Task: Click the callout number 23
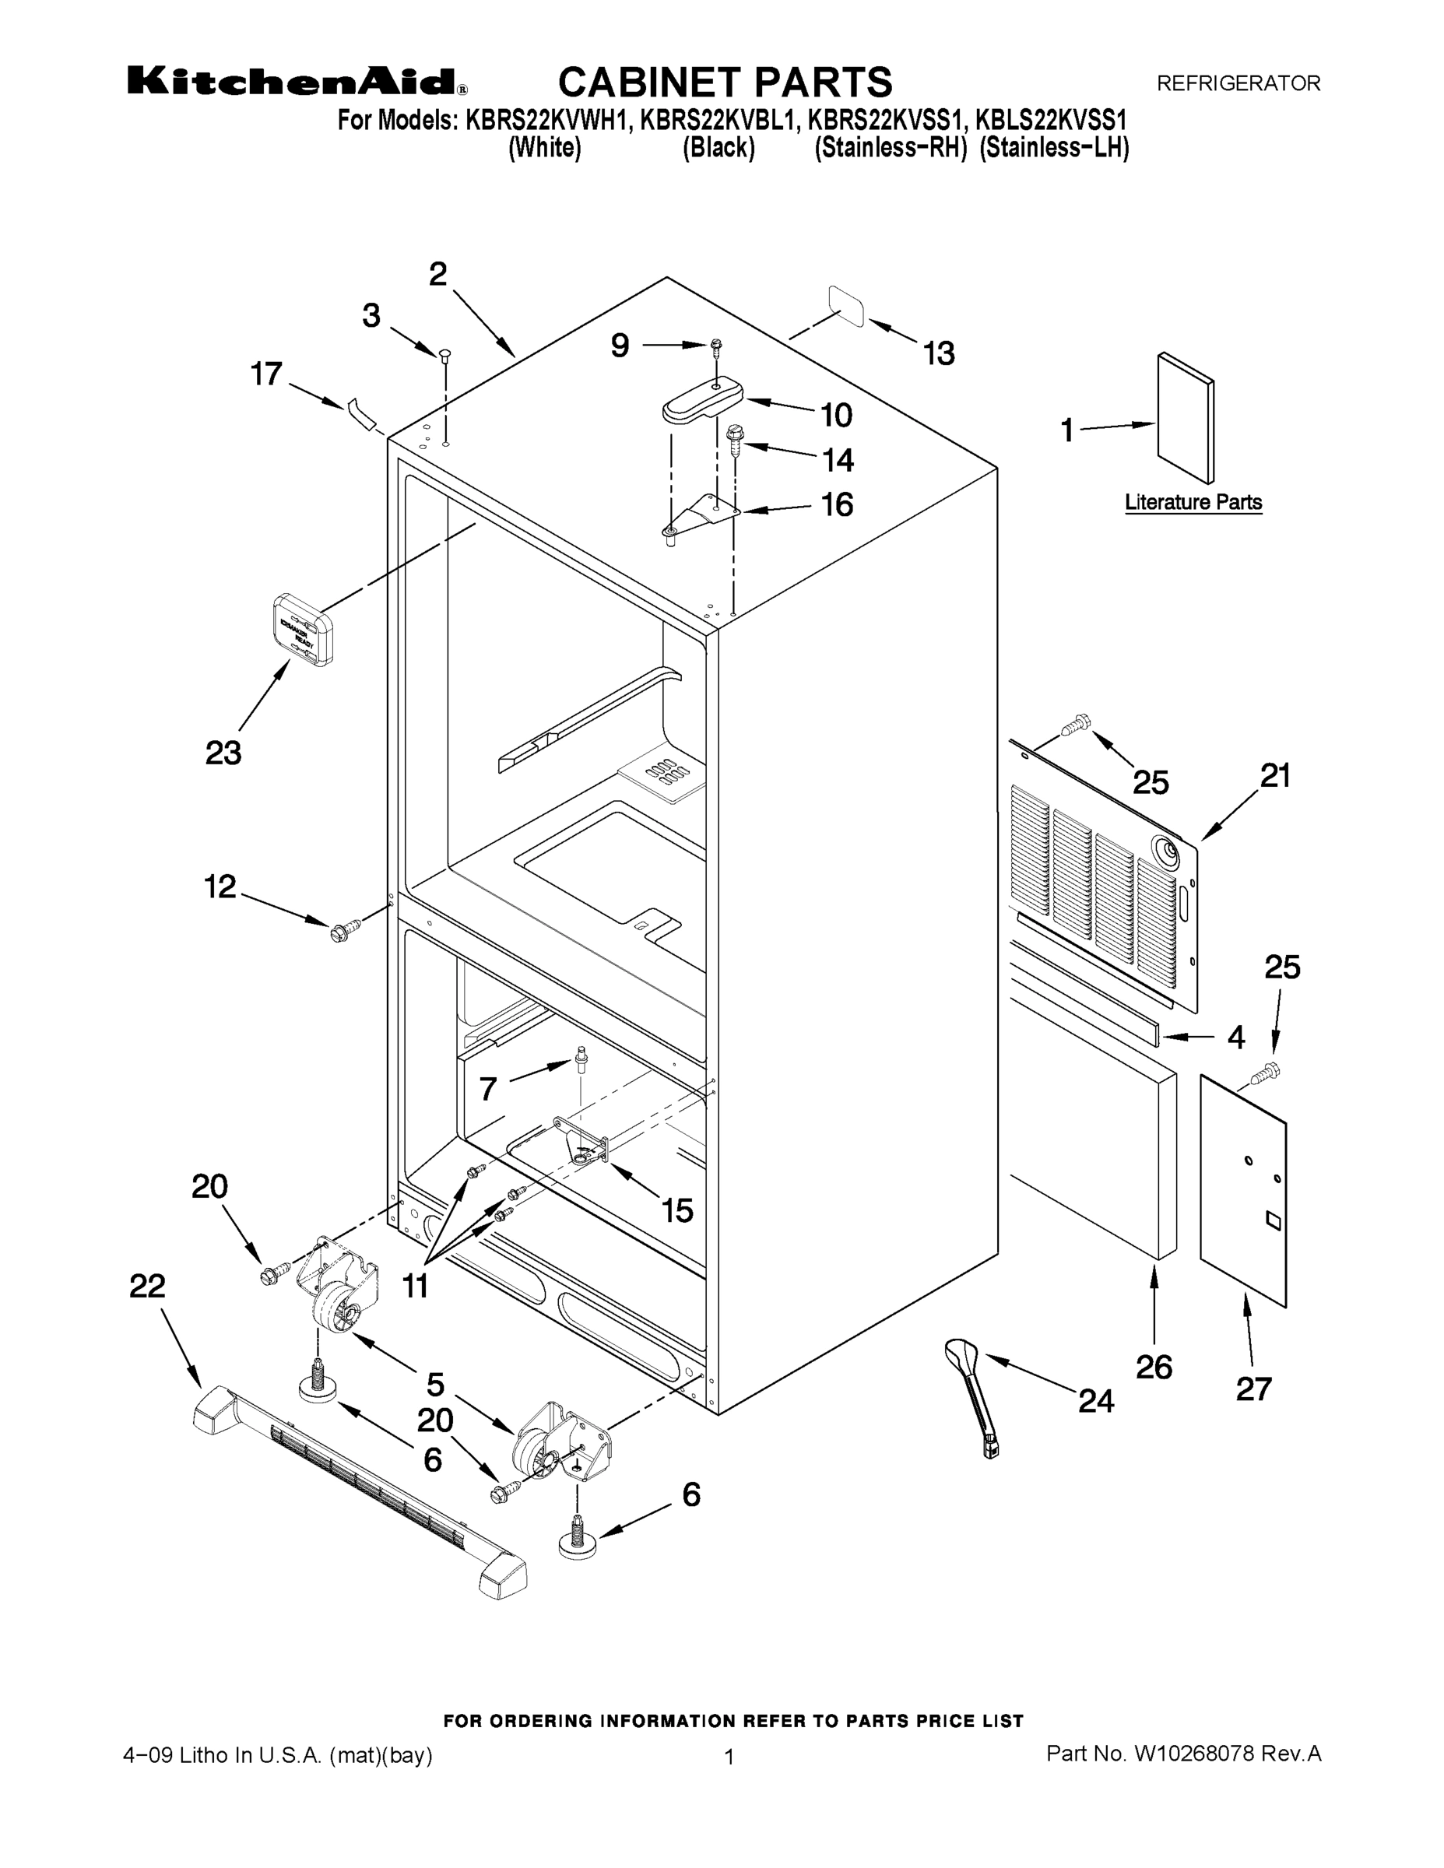(223, 753)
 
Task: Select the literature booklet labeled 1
(1185, 419)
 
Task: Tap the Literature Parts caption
(1193, 502)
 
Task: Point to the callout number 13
(939, 353)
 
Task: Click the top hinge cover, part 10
(702, 399)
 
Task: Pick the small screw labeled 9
(715, 346)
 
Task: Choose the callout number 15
(676, 1210)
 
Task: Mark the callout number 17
(266, 374)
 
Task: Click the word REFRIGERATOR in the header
(1238, 83)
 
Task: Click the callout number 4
(1235, 1038)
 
